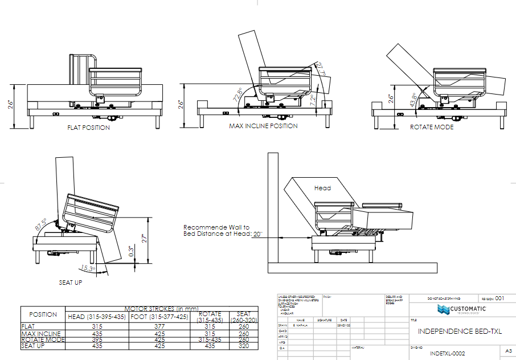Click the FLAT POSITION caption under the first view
[x=88, y=128]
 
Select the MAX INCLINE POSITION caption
[x=263, y=126]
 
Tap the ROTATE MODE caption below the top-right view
[x=432, y=127]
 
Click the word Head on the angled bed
[x=322, y=187]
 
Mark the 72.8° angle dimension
[x=236, y=94]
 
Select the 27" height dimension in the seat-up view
[x=145, y=240]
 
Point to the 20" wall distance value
[x=258, y=234]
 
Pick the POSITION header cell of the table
[x=43, y=314]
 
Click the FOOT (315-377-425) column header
[x=159, y=317]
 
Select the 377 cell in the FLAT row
[x=159, y=326]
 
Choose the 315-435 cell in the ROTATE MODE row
[x=210, y=339]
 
